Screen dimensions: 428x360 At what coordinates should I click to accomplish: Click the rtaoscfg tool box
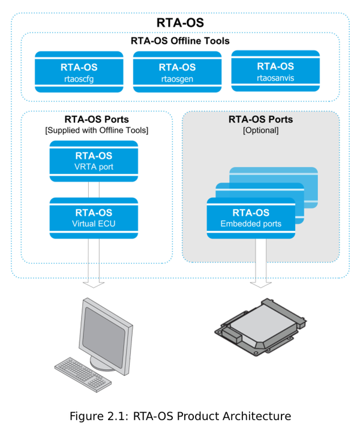pyautogui.click(x=79, y=71)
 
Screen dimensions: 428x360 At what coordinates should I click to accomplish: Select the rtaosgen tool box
pyautogui.click(x=177, y=72)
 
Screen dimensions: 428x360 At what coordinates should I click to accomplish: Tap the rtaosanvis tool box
pyautogui.click(x=275, y=71)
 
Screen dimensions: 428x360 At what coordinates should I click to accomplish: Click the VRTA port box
pyautogui.click(x=94, y=161)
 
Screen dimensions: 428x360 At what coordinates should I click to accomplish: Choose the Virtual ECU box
pyautogui.click(x=94, y=218)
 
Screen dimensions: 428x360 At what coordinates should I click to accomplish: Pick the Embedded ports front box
pyautogui.click(x=251, y=218)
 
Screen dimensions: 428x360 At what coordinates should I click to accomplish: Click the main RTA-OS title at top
pyautogui.click(x=180, y=23)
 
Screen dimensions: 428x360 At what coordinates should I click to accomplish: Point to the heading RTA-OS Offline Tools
pyautogui.click(x=180, y=41)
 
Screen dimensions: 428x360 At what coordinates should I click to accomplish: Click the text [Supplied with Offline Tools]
pyautogui.click(x=97, y=130)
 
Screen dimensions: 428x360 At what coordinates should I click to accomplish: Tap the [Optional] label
pyautogui.click(x=260, y=130)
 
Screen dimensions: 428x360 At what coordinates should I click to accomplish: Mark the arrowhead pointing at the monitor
pyautogui.click(x=94, y=283)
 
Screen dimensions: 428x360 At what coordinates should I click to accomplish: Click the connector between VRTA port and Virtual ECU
pyautogui.click(x=94, y=189)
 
